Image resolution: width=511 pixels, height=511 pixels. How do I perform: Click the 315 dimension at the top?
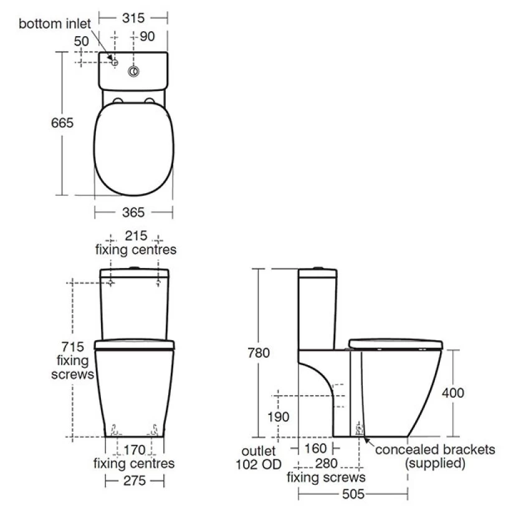pos(133,18)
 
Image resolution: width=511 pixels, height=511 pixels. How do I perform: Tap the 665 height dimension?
pos(62,123)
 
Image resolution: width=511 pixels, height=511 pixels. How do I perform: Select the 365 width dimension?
pos(133,213)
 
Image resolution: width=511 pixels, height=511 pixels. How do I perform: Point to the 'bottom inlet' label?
pos(54,24)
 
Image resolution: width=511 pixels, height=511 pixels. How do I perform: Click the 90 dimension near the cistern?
pos(147,37)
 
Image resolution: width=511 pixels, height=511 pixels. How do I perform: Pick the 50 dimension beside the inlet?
pos(81,41)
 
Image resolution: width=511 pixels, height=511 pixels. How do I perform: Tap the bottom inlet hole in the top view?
pos(115,62)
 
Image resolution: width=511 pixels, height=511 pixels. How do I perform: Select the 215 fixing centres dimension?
pos(135,236)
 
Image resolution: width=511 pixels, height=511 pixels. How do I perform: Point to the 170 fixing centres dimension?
pos(134,450)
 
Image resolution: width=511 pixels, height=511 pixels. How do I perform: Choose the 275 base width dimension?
pos(134,480)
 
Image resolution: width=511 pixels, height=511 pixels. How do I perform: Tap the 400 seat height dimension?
pos(453,393)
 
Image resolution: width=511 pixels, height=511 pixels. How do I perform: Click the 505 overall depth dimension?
pos(353,494)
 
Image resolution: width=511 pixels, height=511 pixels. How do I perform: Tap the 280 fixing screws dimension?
pos(326,464)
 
